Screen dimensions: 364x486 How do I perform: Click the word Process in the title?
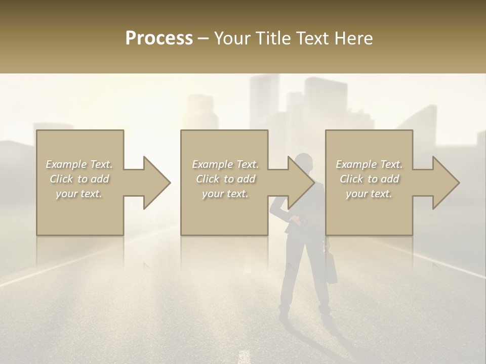pyautogui.click(x=159, y=38)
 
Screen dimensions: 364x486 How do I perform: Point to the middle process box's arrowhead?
pyautogui.click(x=301, y=183)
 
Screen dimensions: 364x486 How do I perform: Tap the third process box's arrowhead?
pyautogui.click(x=445, y=183)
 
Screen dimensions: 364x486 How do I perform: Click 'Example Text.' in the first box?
pyautogui.click(x=79, y=164)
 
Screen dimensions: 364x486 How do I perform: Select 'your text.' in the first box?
pyautogui.click(x=79, y=194)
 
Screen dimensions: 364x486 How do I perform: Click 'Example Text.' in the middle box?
pyautogui.click(x=225, y=164)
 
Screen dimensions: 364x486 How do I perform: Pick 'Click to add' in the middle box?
pyautogui.click(x=225, y=179)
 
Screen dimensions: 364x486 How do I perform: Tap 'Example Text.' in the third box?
pyautogui.click(x=369, y=164)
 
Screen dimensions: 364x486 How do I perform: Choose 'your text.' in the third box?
pyautogui.click(x=369, y=194)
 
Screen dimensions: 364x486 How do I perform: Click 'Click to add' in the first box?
pyautogui.click(x=79, y=179)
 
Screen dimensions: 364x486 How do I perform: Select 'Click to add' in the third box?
pyautogui.click(x=369, y=179)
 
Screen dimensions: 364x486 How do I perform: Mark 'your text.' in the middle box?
pyautogui.click(x=225, y=194)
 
